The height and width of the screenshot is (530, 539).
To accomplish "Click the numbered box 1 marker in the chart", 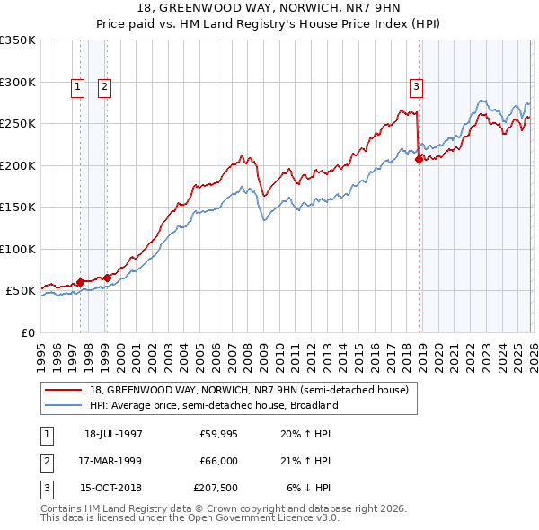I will (x=78, y=87).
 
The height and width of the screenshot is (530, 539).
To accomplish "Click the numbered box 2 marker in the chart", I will (x=104, y=87).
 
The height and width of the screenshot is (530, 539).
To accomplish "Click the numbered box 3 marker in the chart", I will (x=417, y=87).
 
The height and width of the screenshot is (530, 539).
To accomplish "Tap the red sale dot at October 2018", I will (x=419, y=160).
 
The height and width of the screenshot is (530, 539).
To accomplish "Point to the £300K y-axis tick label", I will (x=18, y=82).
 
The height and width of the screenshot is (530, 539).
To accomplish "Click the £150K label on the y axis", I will (x=18, y=208).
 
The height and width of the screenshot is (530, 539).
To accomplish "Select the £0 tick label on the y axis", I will (x=27, y=333).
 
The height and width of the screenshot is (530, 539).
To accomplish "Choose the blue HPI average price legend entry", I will (x=213, y=405).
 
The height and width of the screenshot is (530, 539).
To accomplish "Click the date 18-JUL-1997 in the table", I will (x=113, y=434).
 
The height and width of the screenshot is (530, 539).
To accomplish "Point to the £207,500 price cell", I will (x=216, y=489).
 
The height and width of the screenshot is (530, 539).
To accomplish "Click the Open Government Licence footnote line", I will (x=190, y=518).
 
